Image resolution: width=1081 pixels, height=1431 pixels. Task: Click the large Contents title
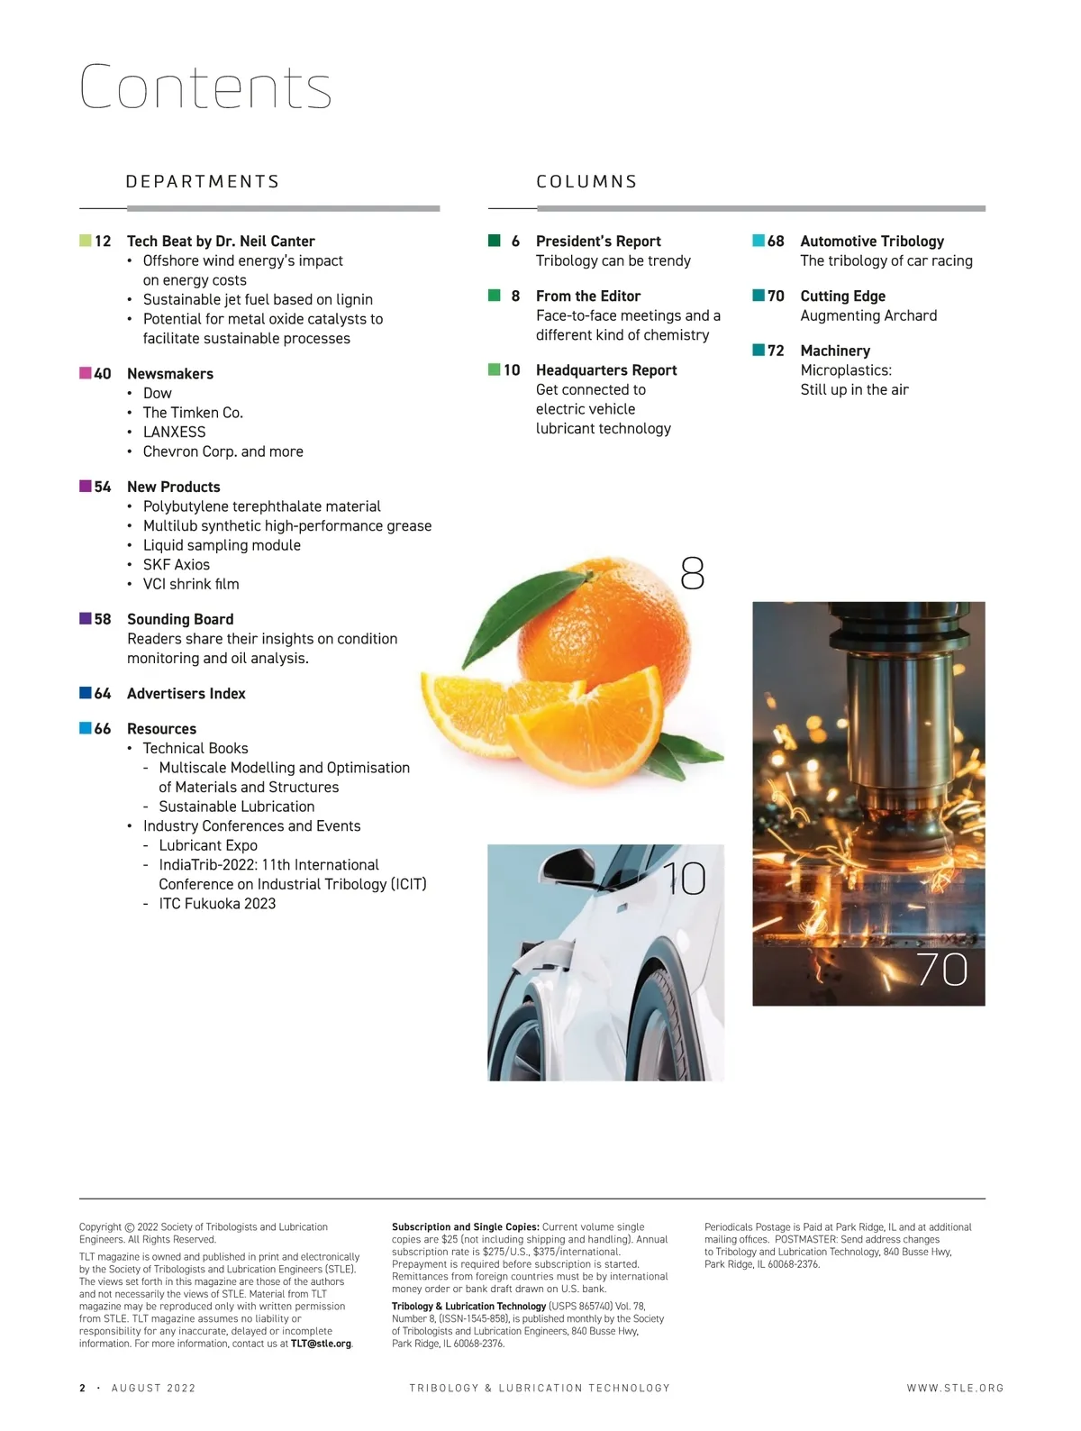205,87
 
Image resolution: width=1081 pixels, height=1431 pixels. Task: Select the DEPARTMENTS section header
203,182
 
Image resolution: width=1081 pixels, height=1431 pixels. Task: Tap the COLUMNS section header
586,182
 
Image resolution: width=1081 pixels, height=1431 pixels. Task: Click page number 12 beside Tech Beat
103,242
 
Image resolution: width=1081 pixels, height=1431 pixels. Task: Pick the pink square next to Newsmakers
86,373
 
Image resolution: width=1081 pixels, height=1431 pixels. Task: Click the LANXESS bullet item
174,433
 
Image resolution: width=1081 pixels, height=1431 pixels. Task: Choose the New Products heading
173,488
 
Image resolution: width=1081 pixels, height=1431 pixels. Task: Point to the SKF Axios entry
176,565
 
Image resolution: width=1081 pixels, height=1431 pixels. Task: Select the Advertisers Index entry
186,694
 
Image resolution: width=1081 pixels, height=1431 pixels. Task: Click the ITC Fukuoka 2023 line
217,904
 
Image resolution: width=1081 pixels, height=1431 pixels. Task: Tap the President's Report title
598,242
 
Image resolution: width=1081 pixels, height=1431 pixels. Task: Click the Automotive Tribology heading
872,242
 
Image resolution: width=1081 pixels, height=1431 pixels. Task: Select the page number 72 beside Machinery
776,351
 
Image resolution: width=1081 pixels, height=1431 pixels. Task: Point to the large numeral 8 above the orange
692,573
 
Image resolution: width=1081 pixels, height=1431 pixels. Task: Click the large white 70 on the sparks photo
941,970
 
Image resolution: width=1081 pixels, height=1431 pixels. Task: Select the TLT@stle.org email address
321,1344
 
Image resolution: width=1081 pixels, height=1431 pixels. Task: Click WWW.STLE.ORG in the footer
955,1389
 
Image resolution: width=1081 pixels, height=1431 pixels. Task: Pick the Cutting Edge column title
842,296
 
